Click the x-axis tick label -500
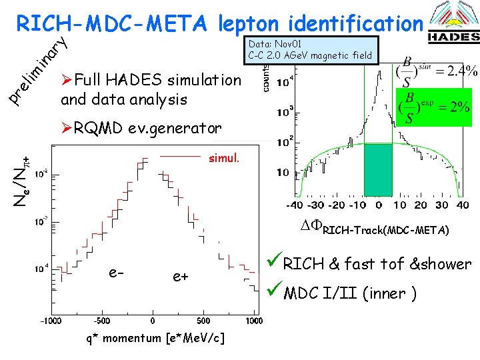pyautogui.click(x=101, y=320)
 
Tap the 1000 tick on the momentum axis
pyautogui.click(x=254, y=320)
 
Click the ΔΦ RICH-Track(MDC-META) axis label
pyautogui.click(x=376, y=231)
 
